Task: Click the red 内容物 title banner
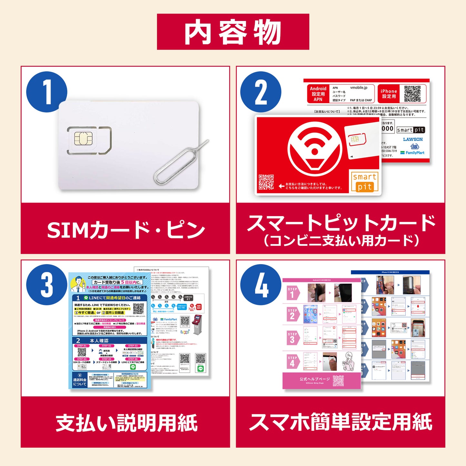233,32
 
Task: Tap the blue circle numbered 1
47,92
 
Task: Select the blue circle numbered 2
261,92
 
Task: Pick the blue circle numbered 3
47,285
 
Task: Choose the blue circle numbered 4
261,285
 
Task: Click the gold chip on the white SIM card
84,139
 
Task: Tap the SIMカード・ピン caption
126,230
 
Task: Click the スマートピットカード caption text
341,223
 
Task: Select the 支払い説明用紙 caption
126,423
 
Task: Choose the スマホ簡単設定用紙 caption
341,422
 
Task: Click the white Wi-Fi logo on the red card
314,149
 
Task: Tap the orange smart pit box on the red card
364,182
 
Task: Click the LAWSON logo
413,139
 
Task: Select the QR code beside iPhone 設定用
412,94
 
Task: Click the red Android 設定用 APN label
318,94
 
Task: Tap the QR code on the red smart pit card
266,182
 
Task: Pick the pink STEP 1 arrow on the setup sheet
292,292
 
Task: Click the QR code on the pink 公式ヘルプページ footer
338,381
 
